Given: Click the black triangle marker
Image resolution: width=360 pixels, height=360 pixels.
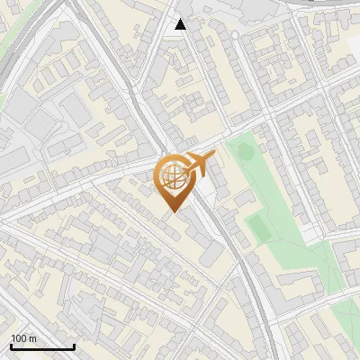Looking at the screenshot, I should (181, 23).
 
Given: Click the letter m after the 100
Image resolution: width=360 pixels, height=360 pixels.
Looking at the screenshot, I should (32, 339).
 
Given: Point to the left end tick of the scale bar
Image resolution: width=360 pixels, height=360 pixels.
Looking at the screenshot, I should (10, 346).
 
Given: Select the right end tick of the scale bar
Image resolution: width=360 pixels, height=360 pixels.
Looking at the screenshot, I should (74, 346).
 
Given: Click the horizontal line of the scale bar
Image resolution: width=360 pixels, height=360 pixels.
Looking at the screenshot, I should (41, 347).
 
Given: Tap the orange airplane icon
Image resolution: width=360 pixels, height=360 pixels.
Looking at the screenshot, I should (196, 164).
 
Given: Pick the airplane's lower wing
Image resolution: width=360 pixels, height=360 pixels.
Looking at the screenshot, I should (198, 172).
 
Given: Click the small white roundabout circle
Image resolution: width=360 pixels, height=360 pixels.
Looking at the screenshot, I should (235, 34).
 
